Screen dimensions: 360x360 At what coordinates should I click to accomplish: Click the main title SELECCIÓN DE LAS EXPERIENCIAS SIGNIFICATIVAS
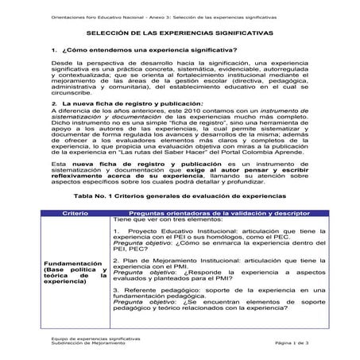click(x=179, y=33)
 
